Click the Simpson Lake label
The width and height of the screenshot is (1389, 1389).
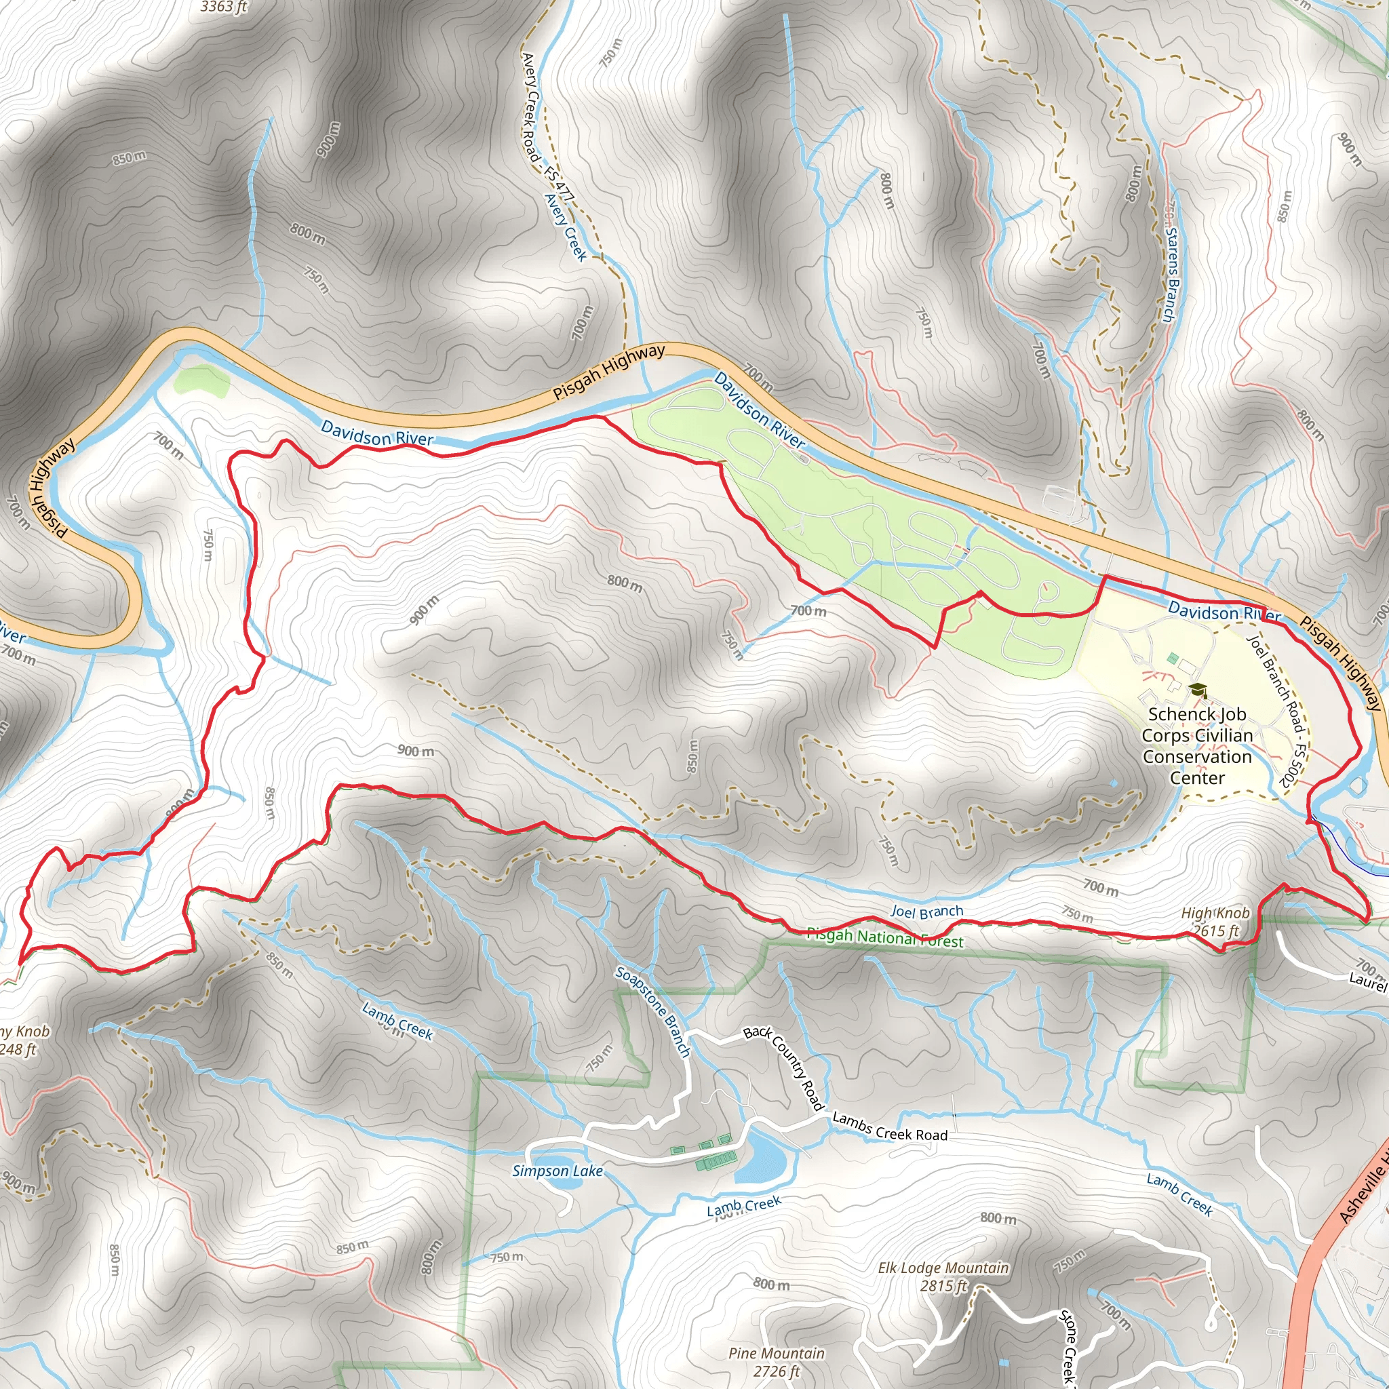[557, 1171]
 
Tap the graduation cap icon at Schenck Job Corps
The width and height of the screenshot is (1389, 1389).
[1197, 691]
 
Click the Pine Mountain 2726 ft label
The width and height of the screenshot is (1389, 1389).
[777, 1363]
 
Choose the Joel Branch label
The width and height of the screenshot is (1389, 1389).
[926, 912]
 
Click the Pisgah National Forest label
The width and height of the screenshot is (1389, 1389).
[885, 937]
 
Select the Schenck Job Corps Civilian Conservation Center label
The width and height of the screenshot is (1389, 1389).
[1197, 745]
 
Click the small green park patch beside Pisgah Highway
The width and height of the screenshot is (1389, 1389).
[201, 380]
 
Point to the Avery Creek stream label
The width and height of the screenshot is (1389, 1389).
[566, 227]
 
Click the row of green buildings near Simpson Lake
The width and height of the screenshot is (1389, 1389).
[716, 1159]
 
